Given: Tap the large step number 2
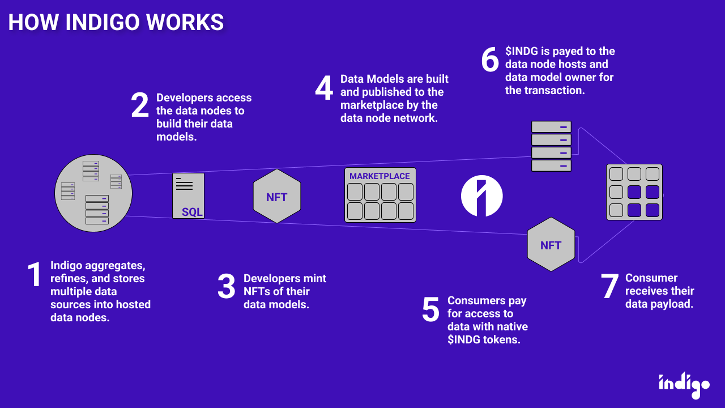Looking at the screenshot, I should click(x=140, y=105).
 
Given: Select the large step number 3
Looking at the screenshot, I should click(x=227, y=286).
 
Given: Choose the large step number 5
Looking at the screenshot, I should click(x=430, y=309).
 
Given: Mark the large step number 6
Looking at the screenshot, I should click(x=490, y=60).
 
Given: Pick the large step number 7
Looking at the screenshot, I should click(x=609, y=286).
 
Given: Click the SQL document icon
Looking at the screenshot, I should click(x=189, y=196).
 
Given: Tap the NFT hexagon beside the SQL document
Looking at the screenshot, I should click(x=276, y=197).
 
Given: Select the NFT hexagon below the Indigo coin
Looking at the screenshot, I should click(x=551, y=245).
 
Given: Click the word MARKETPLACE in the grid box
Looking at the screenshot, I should click(x=379, y=176).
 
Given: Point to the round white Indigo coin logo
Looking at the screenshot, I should click(x=482, y=196).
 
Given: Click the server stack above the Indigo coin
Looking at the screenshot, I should click(x=551, y=146).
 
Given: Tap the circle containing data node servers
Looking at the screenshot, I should click(x=93, y=193).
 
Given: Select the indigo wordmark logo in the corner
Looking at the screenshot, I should click(x=684, y=384).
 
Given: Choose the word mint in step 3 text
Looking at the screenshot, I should click(x=315, y=278).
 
